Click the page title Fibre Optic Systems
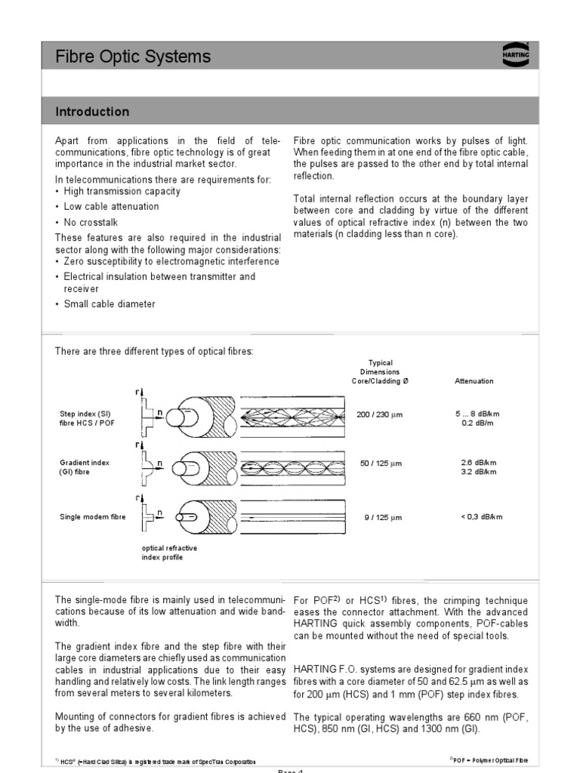coord(133,57)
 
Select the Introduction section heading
coord(92,112)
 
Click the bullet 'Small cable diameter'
coord(110,304)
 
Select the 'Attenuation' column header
coord(474,381)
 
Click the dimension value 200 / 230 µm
coord(381,415)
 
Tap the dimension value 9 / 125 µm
coord(381,518)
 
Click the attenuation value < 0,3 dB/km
coord(480,517)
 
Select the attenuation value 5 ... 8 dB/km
coord(477,414)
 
